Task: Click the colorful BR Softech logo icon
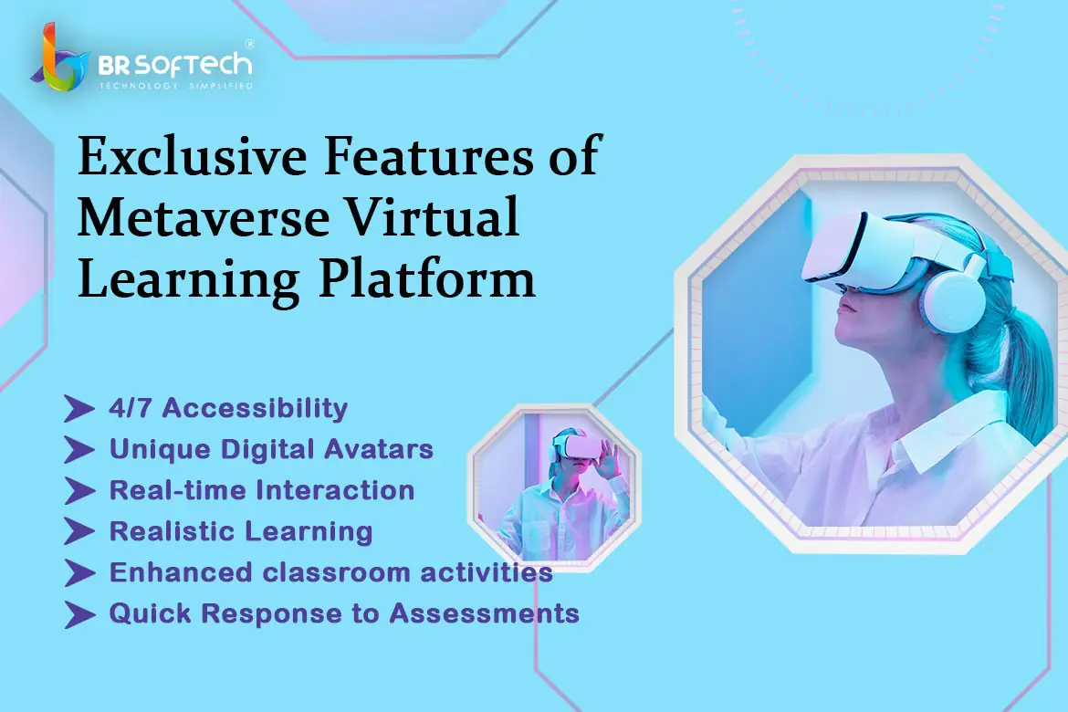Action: (x=60, y=59)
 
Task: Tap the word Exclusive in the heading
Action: (x=193, y=156)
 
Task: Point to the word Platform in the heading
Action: (x=427, y=279)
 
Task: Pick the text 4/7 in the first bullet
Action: (x=131, y=407)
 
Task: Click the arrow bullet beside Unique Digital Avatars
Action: (x=79, y=450)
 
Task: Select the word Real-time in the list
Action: (x=177, y=490)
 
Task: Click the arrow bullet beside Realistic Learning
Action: (x=79, y=531)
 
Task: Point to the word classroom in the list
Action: (x=337, y=572)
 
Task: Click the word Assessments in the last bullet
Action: (x=485, y=613)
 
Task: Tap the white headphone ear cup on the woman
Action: (x=952, y=298)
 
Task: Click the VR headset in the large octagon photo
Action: (x=879, y=251)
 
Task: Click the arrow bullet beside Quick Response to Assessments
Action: (x=79, y=614)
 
